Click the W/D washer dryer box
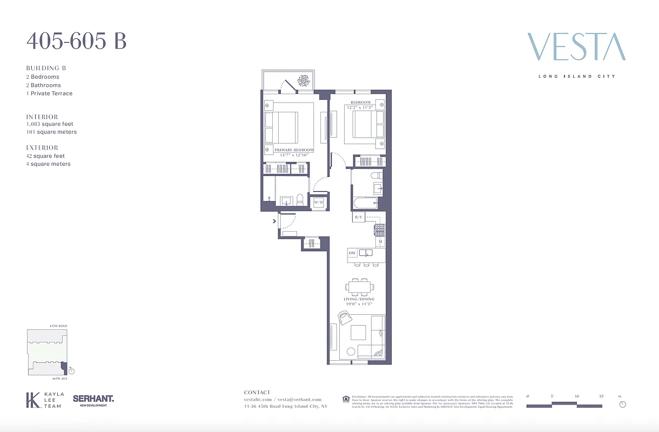click(318, 202)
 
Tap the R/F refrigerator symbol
click(358, 217)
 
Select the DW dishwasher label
click(352, 253)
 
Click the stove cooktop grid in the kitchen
click(379, 230)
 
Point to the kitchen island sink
click(365, 253)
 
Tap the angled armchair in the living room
click(344, 317)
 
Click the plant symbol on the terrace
click(302, 80)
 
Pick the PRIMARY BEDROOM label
click(294, 150)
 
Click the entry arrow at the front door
click(274, 220)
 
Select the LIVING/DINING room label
click(359, 299)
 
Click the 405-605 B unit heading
click(76, 41)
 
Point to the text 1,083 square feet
click(50, 124)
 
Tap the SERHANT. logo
click(93, 399)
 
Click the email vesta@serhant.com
click(299, 400)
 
